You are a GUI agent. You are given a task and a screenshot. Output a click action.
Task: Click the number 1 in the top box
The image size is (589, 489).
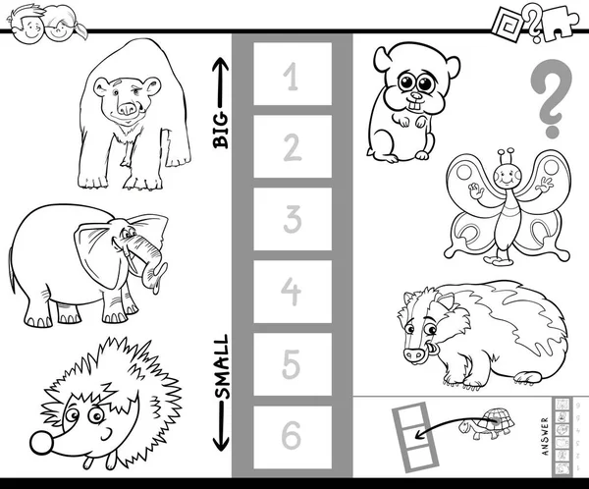(x=292, y=77)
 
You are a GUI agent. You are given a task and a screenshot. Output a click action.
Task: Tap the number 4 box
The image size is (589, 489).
(x=293, y=292)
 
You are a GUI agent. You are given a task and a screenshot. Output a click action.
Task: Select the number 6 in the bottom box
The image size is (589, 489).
(x=292, y=435)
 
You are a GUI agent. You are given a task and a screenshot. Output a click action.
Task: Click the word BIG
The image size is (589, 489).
(x=221, y=130)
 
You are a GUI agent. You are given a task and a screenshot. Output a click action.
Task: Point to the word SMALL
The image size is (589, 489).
(x=221, y=366)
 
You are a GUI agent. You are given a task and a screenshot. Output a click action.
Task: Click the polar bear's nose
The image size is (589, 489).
(x=127, y=109)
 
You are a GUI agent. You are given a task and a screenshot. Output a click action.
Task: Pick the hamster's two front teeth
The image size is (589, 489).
(x=415, y=106)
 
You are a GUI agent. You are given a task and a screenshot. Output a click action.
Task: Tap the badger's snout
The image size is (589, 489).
(x=414, y=354)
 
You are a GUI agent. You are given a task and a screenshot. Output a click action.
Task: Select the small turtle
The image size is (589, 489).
(x=487, y=423)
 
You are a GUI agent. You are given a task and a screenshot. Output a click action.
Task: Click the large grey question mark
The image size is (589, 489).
(x=552, y=98)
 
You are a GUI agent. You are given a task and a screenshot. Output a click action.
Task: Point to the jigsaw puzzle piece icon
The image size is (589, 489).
(x=561, y=23)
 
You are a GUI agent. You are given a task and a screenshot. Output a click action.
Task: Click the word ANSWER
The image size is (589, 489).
(x=546, y=436)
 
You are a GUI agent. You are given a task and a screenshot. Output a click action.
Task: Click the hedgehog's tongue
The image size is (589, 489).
(x=88, y=462)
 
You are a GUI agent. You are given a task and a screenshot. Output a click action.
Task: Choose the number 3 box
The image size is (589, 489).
(x=293, y=219)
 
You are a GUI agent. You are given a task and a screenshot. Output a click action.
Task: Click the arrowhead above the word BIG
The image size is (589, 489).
(x=221, y=65)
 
